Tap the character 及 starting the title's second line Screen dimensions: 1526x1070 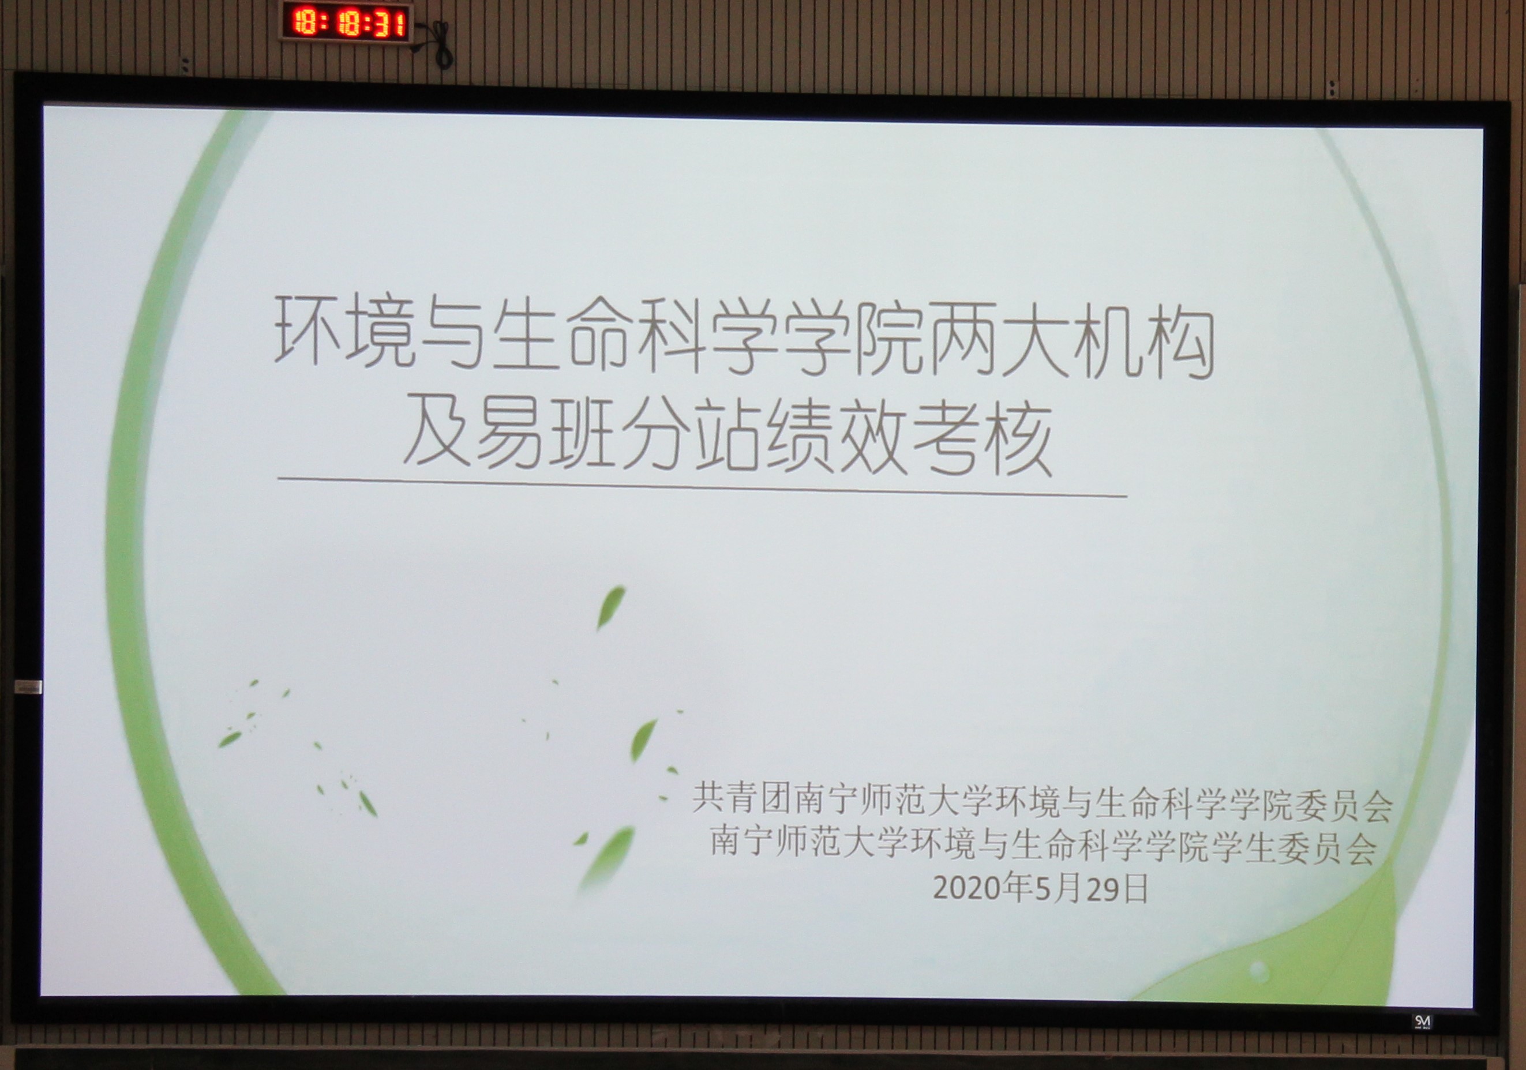click(438, 431)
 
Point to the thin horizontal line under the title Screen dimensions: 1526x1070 click(702, 487)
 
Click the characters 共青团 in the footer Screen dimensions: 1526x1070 click(741, 797)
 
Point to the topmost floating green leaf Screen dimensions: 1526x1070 click(610, 606)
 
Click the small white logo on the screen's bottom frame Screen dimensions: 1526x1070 click(1422, 1021)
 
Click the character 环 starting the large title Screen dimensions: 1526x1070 click(310, 331)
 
